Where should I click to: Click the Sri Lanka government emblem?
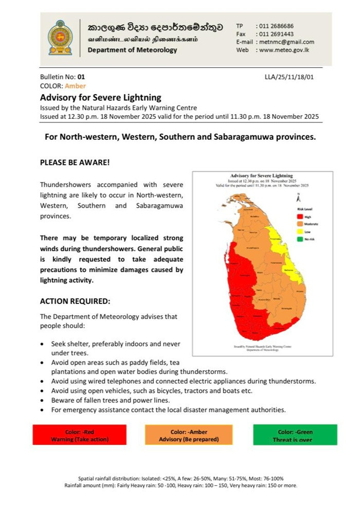(x=60, y=38)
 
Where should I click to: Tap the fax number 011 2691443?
(x=275, y=34)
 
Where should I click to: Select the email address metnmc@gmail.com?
(x=286, y=42)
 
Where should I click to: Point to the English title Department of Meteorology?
(x=132, y=50)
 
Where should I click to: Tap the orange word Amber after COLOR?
(x=76, y=86)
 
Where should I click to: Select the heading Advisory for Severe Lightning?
(x=101, y=97)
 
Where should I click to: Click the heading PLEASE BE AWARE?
(x=75, y=162)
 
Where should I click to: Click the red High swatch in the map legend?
(x=300, y=217)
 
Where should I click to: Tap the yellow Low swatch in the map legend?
(x=300, y=232)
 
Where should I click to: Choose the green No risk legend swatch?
(x=300, y=240)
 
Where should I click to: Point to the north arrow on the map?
(x=299, y=198)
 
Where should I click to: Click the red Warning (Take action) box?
(x=79, y=435)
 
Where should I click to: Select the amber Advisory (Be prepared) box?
(x=189, y=435)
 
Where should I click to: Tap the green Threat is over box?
(x=295, y=435)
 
